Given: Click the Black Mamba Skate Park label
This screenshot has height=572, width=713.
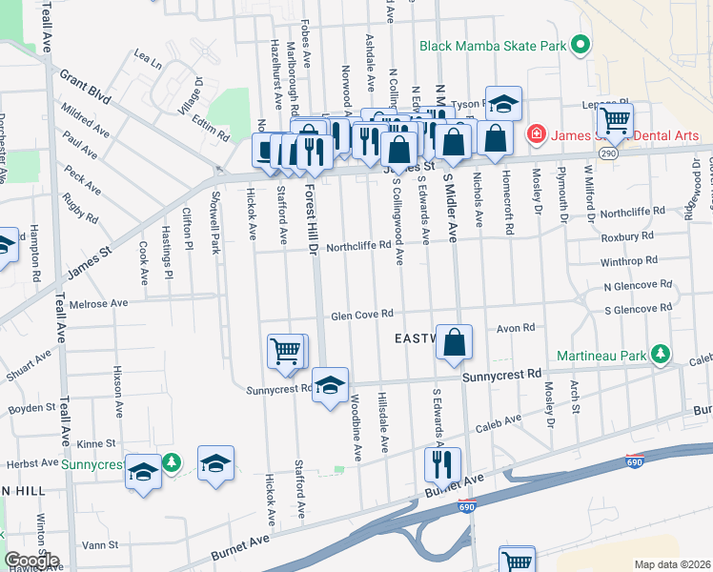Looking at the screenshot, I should pos(491,45).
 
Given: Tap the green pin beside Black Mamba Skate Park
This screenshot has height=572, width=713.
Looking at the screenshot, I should pos(578,45).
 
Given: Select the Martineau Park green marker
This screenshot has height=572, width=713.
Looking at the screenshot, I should pos(659,355).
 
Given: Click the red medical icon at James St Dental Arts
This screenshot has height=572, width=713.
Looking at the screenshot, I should pos(537,133).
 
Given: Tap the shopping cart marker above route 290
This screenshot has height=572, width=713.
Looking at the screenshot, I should pos(615,121).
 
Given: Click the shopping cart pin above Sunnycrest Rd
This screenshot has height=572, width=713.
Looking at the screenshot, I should pos(286,351).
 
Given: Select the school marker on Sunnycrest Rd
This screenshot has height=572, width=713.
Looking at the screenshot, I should pos(330,385).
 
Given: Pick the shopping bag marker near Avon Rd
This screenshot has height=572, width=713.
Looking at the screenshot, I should pos(456,342).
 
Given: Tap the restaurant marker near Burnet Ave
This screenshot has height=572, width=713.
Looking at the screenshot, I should pos(441,464).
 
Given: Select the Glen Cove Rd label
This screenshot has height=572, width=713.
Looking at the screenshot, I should pos(362,315).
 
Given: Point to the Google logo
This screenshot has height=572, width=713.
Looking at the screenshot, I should pos(31,561).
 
